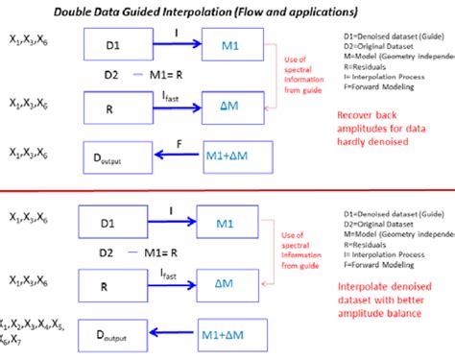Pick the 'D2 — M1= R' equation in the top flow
point(145,75)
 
